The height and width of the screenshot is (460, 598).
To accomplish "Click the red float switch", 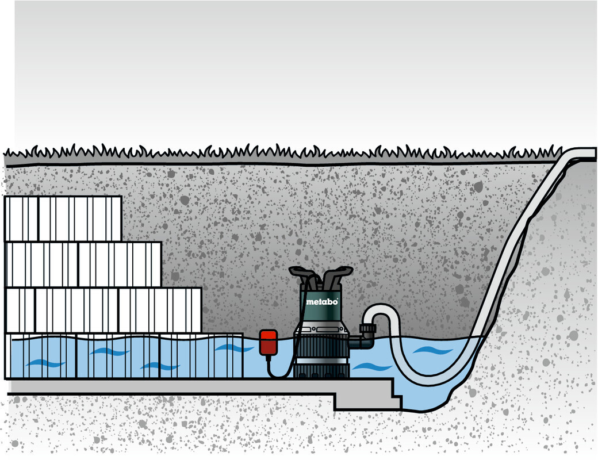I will pyautogui.click(x=268, y=343).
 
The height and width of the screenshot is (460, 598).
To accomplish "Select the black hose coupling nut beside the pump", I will pyautogui.click(x=367, y=331).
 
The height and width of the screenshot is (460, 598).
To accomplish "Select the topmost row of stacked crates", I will pyautogui.click(x=63, y=218).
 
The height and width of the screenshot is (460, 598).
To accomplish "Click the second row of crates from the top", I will pyautogui.click(x=84, y=264).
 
